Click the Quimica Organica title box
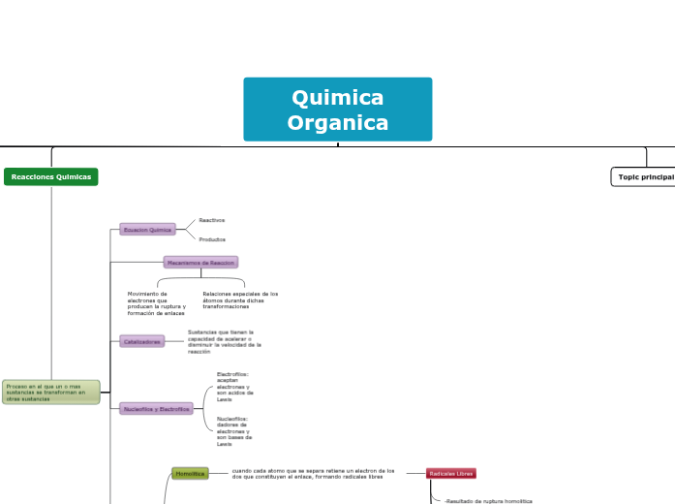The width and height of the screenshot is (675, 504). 337,110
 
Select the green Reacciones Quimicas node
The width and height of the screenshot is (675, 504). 51,176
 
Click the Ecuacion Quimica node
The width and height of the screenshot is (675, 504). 146,230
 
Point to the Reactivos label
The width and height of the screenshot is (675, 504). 211,220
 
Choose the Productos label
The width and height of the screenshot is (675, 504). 212,238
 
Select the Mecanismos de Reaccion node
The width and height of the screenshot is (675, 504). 200,262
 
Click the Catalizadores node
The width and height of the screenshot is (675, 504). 141,341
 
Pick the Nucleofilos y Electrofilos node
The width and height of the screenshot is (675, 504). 155,409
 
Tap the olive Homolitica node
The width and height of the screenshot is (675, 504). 190,473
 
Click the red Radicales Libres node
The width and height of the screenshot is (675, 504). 451,473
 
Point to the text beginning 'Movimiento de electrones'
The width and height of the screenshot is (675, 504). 155,303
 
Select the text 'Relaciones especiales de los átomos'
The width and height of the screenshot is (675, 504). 239,299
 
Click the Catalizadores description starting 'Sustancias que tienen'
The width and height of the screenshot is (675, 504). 225,341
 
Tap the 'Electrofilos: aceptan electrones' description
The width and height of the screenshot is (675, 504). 232,386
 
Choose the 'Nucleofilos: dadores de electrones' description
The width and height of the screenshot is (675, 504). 232,431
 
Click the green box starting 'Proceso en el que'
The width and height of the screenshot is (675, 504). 50,392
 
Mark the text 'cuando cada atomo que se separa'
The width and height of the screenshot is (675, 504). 313,473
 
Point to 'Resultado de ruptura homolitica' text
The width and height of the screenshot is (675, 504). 488,500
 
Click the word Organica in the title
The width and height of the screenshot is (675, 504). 337,123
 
